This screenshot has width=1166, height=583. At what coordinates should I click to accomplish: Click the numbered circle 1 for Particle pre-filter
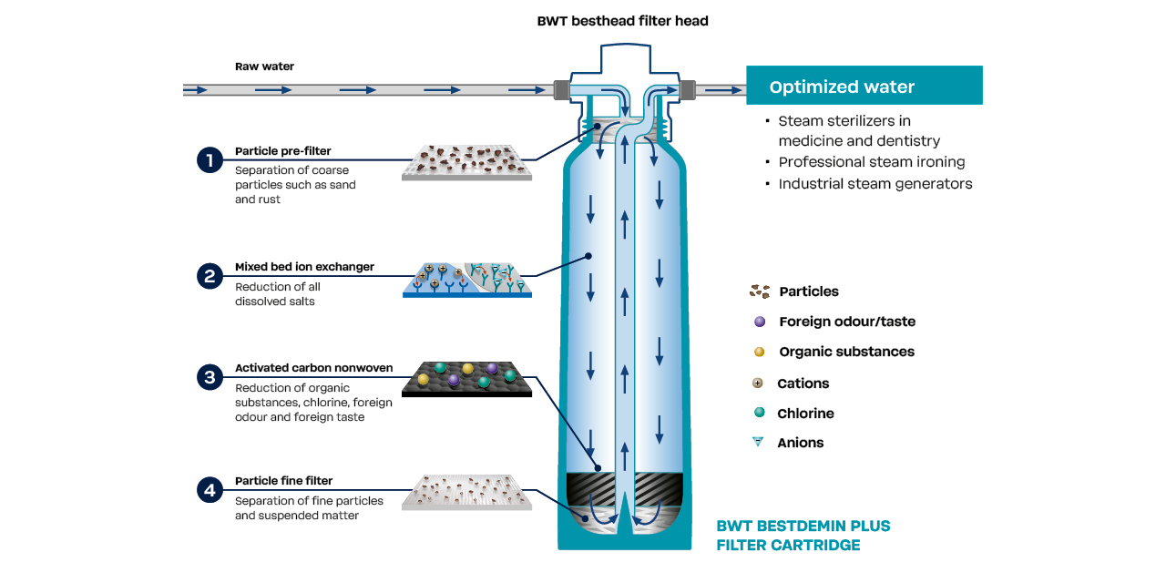[x=210, y=160]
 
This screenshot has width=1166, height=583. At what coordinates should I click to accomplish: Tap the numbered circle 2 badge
[x=210, y=276]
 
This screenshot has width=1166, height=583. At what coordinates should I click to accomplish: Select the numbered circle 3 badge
[x=210, y=376]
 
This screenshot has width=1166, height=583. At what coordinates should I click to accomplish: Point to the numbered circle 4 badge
[x=210, y=490]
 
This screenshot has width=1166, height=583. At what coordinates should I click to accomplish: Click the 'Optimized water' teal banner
[x=864, y=87]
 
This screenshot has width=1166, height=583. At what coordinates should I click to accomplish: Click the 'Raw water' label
[x=264, y=66]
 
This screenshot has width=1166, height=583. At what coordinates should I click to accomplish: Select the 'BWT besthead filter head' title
[x=622, y=20]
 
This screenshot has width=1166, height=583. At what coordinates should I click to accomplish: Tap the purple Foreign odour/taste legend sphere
[x=759, y=322]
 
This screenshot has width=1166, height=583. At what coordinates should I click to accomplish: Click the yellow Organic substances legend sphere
[x=759, y=352]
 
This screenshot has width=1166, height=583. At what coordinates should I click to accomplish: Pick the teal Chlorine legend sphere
[x=759, y=413]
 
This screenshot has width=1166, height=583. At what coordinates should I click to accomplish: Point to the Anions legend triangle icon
[x=758, y=443]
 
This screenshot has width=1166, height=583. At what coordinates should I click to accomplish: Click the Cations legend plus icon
[x=758, y=384]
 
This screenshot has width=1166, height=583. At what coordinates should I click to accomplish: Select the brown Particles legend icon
[x=759, y=291]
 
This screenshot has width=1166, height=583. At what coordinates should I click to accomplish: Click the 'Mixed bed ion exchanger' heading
[x=304, y=268]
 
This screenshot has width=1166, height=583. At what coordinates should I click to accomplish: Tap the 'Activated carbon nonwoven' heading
[x=313, y=368]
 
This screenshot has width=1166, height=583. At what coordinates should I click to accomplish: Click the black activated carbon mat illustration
[x=466, y=380]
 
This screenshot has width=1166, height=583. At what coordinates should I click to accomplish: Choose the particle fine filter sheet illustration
[x=466, y=492]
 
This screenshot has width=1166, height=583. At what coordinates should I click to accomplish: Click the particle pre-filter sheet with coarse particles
[x=466, y=161]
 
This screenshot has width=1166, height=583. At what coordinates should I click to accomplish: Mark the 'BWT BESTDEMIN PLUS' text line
[x=803, y=526]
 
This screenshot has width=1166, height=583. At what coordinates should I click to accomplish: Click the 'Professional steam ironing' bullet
[x=871, y=162]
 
